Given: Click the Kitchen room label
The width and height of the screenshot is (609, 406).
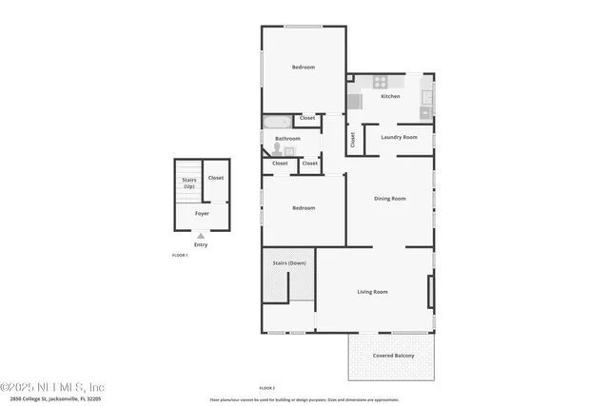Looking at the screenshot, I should tap(390, 96).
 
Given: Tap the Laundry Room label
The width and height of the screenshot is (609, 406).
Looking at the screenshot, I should tap(399, 137).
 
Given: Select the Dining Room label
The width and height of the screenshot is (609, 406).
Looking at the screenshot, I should tap(389, 198).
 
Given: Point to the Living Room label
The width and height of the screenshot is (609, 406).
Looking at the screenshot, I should tap(372, 291).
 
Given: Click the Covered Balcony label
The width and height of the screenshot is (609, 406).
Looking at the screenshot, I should tap(391, 356).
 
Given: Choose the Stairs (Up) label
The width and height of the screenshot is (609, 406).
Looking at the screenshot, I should tap(188, 183).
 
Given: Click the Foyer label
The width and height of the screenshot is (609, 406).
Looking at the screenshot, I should tap(202, 213).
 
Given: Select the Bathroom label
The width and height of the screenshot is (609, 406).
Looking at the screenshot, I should tap(287, 138).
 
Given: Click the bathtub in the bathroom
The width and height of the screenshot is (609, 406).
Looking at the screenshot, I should tap(277, 121).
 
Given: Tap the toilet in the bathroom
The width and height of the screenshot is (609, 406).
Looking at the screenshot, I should tap(277, 149).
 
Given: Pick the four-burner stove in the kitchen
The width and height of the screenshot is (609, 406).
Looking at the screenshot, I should tap(381, 82).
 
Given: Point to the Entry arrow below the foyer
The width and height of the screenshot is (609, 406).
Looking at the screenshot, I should tap(201, 235).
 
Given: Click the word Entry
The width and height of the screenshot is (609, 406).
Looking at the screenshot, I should tap(201, 244).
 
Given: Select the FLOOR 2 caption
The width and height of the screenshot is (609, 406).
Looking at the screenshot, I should tap(267, 388).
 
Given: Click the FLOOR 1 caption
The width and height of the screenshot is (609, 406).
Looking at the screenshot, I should tap(180, 255).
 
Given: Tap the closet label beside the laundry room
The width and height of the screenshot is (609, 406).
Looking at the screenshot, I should tap(352, 139).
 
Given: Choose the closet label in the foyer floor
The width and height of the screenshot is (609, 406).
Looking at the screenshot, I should tap(216, 177).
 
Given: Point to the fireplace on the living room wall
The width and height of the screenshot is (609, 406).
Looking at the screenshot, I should tap(431, 291).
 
